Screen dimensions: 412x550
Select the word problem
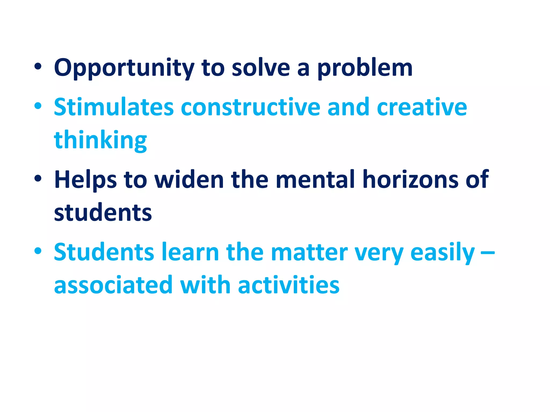tap(365, 68)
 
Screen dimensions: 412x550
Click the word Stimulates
tap(114, 107)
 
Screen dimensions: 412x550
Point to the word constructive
tap(251, 107)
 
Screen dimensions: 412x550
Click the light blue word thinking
tap(100, 140)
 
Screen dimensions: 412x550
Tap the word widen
tap(189, 180)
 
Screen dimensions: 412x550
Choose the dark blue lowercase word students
tap(103, 212)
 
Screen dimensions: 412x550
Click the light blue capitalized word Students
tap(104, 252)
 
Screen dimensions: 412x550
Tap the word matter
tap(309, 252)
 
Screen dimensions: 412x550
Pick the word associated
tap(113, 285)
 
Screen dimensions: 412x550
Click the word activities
tap(289, 285)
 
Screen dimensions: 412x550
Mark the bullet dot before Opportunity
tap(38, 67)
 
